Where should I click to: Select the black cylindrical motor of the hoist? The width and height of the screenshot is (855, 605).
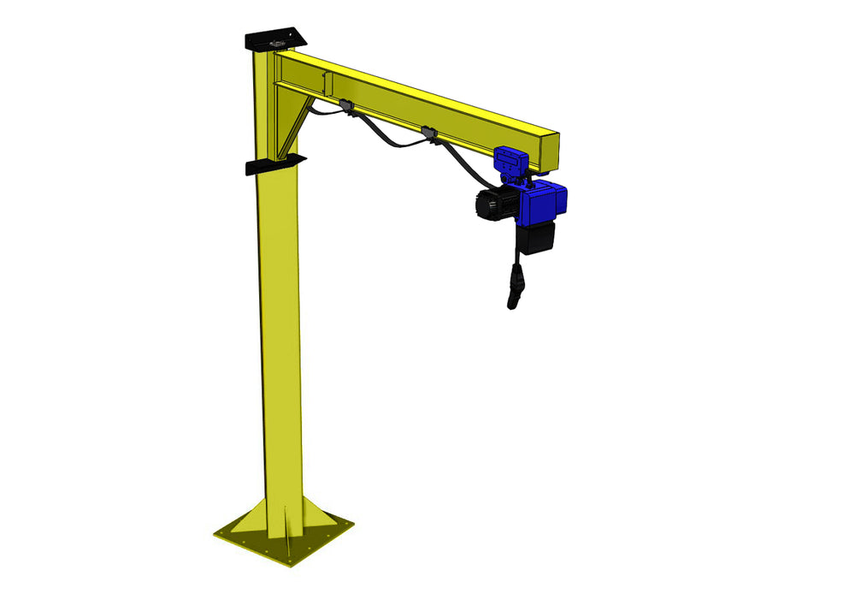[x=492, y=205]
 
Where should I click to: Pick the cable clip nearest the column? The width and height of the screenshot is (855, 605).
[x=345, y=105]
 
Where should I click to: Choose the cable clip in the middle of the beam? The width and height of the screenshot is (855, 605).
[x=427, y=133]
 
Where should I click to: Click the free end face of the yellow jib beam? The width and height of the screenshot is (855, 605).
[x=548, y=151]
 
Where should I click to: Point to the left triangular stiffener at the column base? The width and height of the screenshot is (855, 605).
[x=249, y=521]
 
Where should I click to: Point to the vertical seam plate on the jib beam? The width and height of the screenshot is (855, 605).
[x=326, y=83]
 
